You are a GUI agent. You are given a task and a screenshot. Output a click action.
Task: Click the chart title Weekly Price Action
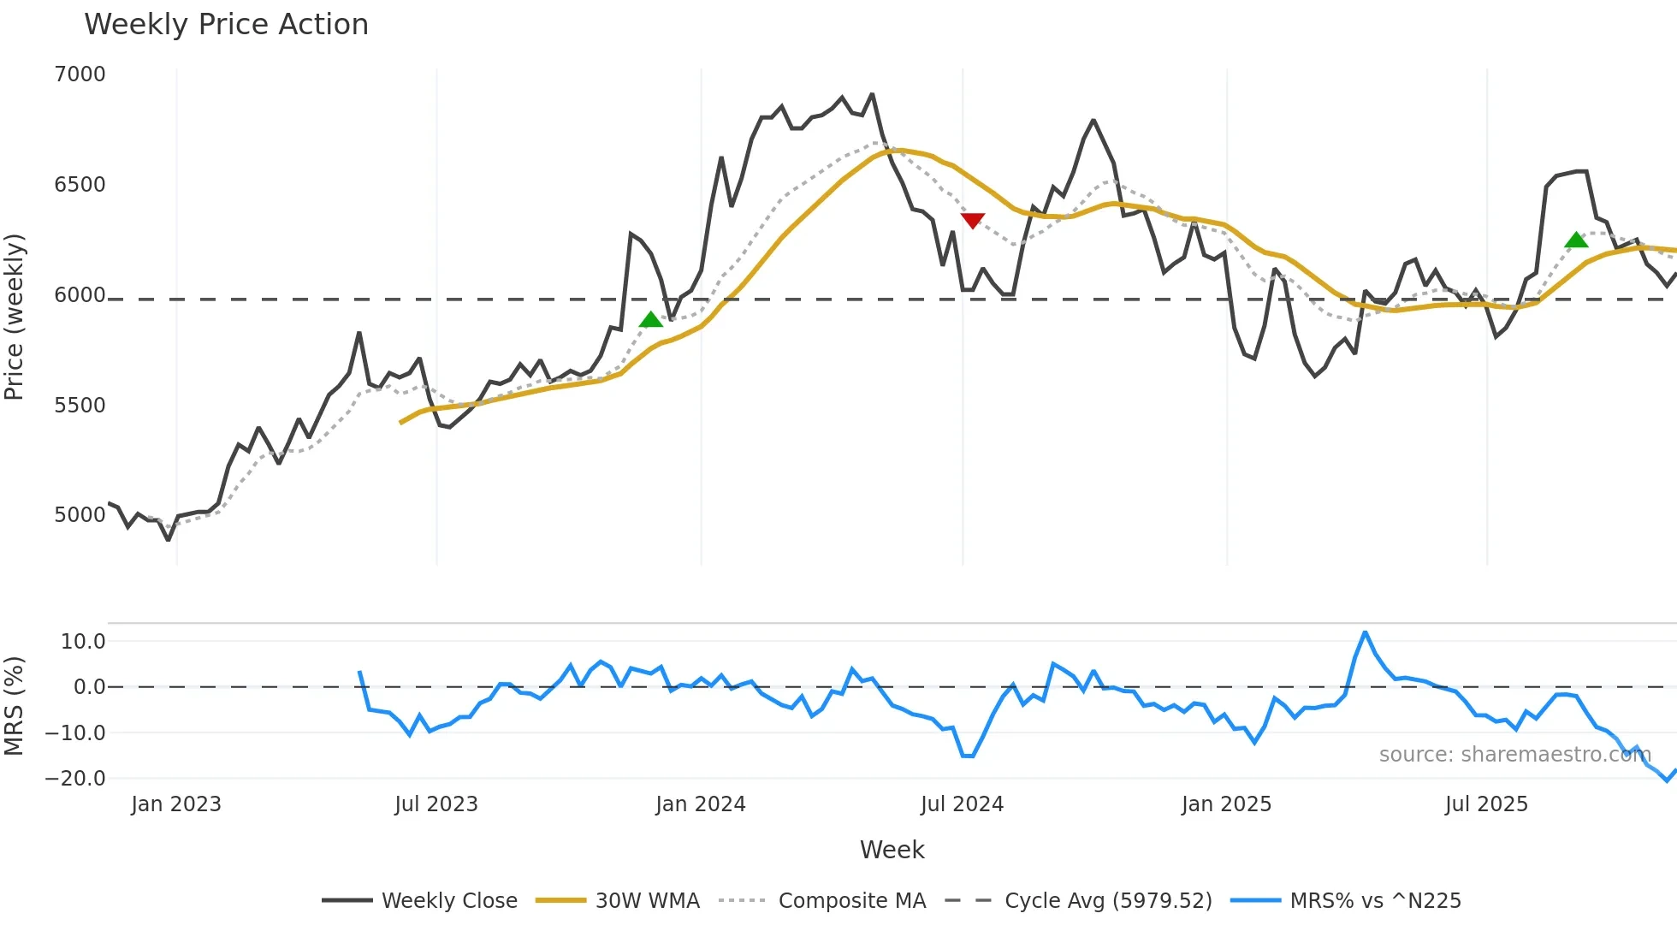coord(226,25)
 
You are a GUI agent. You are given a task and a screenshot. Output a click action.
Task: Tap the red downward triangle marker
coord(973,221)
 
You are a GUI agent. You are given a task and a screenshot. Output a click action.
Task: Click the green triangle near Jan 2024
coord(651,320)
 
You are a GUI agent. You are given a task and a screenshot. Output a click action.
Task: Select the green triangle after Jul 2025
coord(1576,240)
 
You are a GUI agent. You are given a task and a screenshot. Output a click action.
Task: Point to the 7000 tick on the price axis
coord(80,74)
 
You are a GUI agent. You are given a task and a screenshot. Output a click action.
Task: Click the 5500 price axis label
coord(80,405)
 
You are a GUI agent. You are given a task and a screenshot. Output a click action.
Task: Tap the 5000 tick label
coord(80,515)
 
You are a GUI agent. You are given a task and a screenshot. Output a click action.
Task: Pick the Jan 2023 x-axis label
coord(176,804)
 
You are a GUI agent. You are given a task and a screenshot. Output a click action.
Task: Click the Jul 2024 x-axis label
coord(962,804)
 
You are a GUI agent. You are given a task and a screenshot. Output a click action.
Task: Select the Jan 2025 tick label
coord(1226,804)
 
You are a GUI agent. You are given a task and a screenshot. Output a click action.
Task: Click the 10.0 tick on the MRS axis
coord(83,642)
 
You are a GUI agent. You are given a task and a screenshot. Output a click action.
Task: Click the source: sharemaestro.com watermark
coord(1514,755)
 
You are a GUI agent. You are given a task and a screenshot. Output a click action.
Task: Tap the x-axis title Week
coord(892,850)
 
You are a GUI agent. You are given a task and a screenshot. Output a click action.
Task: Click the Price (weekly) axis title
coord(15,317)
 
